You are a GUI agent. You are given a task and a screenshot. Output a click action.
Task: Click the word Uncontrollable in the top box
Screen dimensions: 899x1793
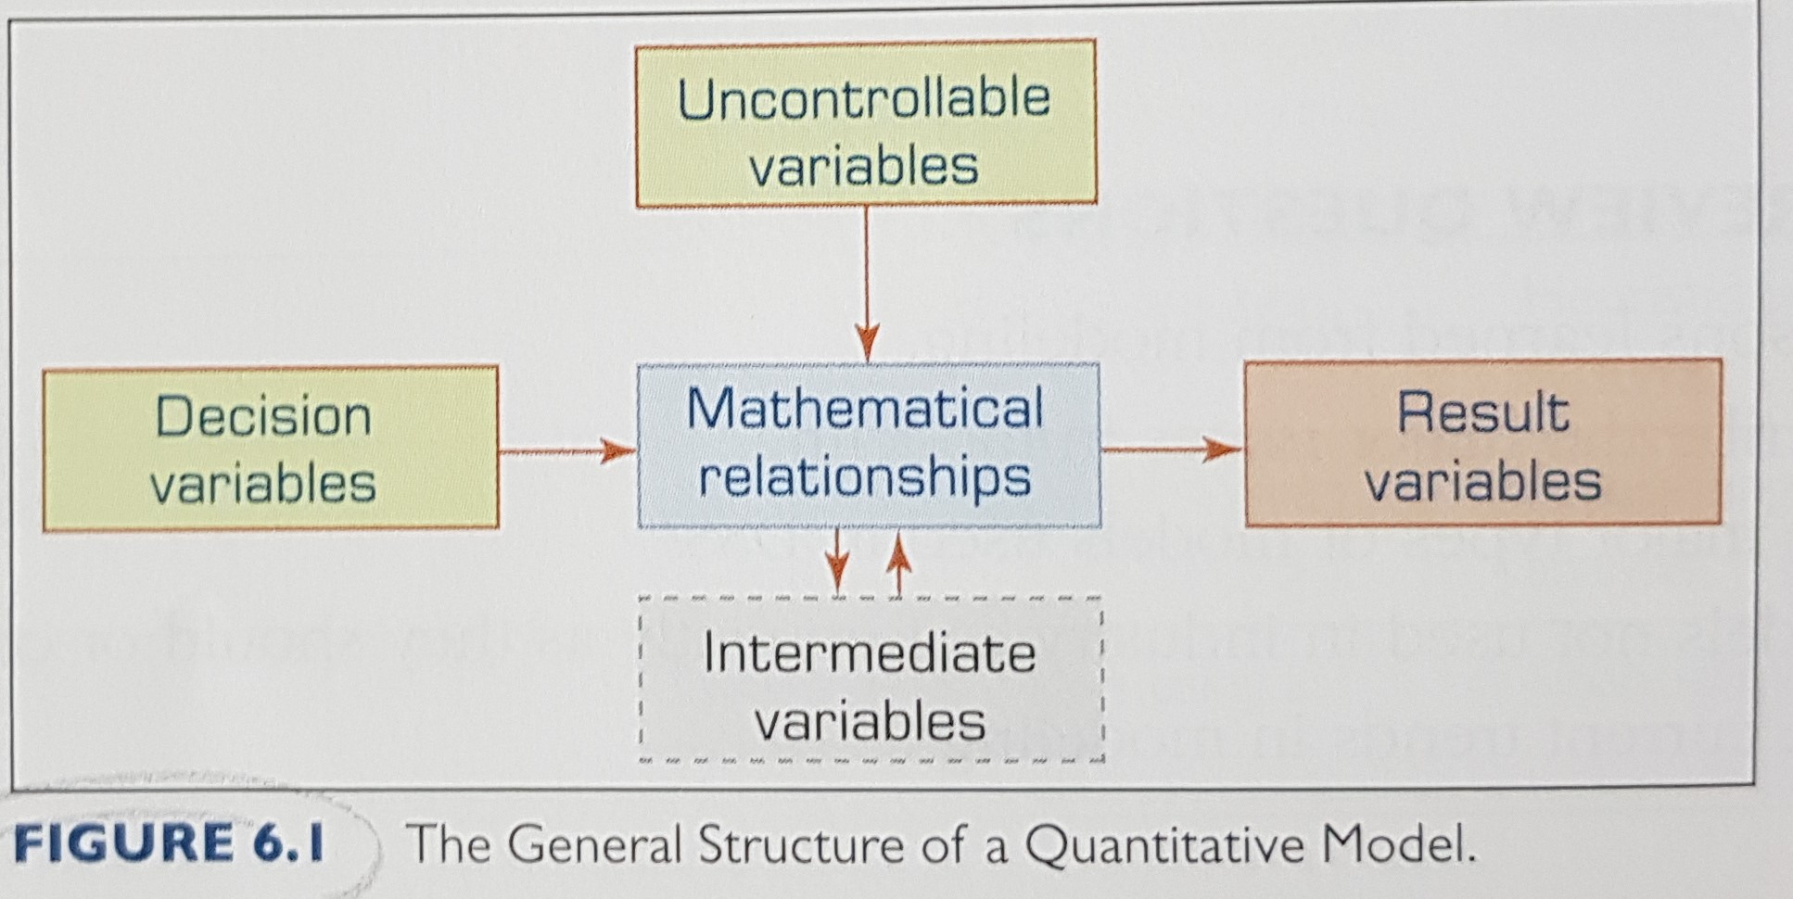pyautogui.click(x=863, y=99)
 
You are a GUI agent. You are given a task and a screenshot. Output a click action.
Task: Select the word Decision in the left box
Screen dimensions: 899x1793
pyautogui.click(x=263, y=416)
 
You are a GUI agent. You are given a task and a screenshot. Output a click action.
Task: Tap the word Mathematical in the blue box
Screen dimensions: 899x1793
pyautogui.click(x=865, y=408)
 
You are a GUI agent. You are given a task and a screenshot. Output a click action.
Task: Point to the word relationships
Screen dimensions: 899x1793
pyautogui.click(x=865, y=477)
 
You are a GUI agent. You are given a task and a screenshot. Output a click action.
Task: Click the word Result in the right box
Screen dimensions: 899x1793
pyautogui.click(x=1482, y=412)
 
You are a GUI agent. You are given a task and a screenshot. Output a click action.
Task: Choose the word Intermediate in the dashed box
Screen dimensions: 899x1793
pyautogui.click(x=869, y=653)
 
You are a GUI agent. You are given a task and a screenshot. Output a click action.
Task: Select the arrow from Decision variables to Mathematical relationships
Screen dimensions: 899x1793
pyautogui.click(x=567, y=451)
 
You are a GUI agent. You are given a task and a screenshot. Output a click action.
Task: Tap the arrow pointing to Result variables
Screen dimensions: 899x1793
pyautogui.click(x=1172, y=450)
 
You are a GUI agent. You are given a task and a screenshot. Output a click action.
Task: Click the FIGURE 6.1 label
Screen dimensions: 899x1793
pyautogui.click(x=170, y=843)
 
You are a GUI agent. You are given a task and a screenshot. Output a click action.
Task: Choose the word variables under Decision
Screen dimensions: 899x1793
pyautogui.click(x=263, y=485)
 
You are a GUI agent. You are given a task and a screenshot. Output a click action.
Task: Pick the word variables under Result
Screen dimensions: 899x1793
pyautogui.click(x=1482, y=482)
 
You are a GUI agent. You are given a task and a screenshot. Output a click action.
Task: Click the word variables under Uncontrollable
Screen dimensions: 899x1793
pyautogui.click(x=863, y=167)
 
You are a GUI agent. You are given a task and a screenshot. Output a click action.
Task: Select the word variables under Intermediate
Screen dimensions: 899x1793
pyautogui.click(x=869, y=722)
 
